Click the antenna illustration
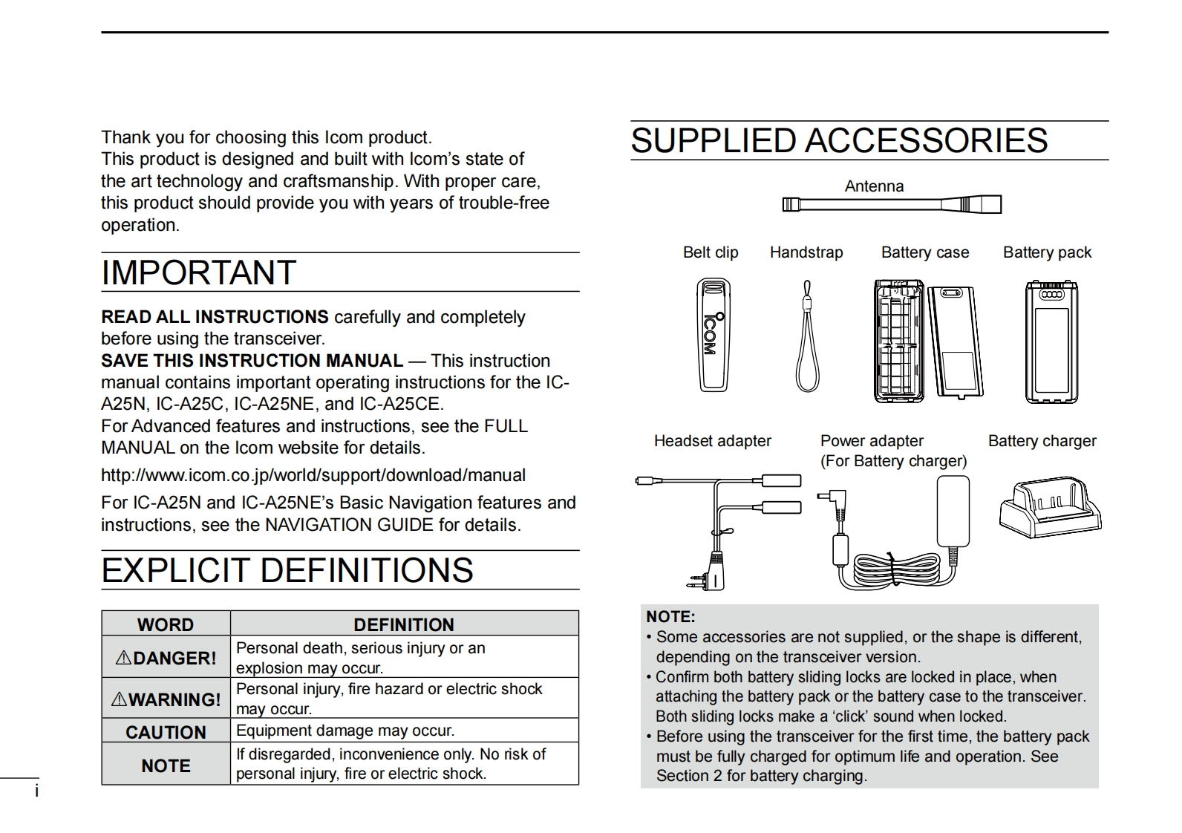[891, 204]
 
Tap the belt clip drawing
[714, 335]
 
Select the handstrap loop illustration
[807, 338]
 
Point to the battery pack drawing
[1050, 342]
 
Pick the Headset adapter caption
[712, 441]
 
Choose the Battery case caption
[924, 252]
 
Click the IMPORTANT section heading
[199, 272]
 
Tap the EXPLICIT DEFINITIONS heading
[287, 570]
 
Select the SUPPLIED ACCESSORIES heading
[839, 141]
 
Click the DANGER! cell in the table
[166, 658]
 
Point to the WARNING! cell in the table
[166, 699]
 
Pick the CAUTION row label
[166, 732]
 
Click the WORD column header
[166, 624]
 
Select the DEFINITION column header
[404, 624]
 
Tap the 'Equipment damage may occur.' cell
[345, 731]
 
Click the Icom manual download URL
[313, 475]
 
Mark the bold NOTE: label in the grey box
[670, 616]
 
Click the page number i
[36, 791]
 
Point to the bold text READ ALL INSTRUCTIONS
[215, 317]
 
